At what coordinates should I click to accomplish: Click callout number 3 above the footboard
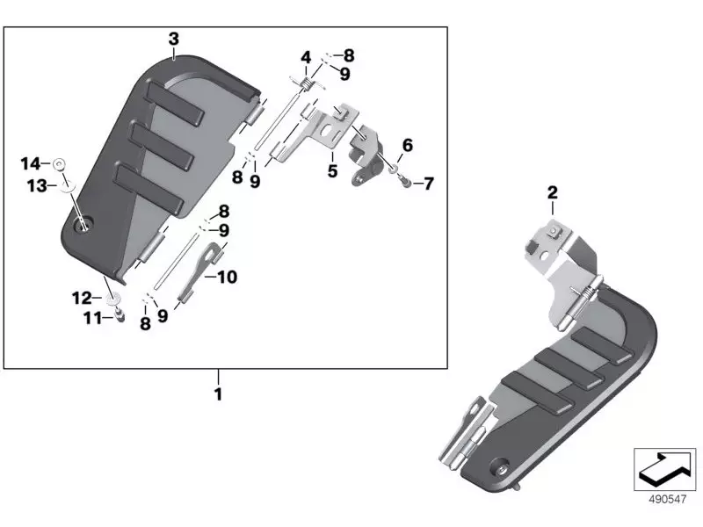173,39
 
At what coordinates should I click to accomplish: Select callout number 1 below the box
217,394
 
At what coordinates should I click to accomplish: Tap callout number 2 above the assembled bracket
553,193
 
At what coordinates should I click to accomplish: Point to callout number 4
306,59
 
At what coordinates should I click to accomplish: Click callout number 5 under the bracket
332,171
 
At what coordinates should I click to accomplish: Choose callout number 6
407,145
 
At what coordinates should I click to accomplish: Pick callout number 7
428,184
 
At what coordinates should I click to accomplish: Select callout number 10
227,277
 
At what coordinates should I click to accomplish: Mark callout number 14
31,163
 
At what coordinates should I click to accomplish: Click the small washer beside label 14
59,163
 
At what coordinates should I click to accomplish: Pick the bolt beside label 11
118,315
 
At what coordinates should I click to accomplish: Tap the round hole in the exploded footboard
84,227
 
